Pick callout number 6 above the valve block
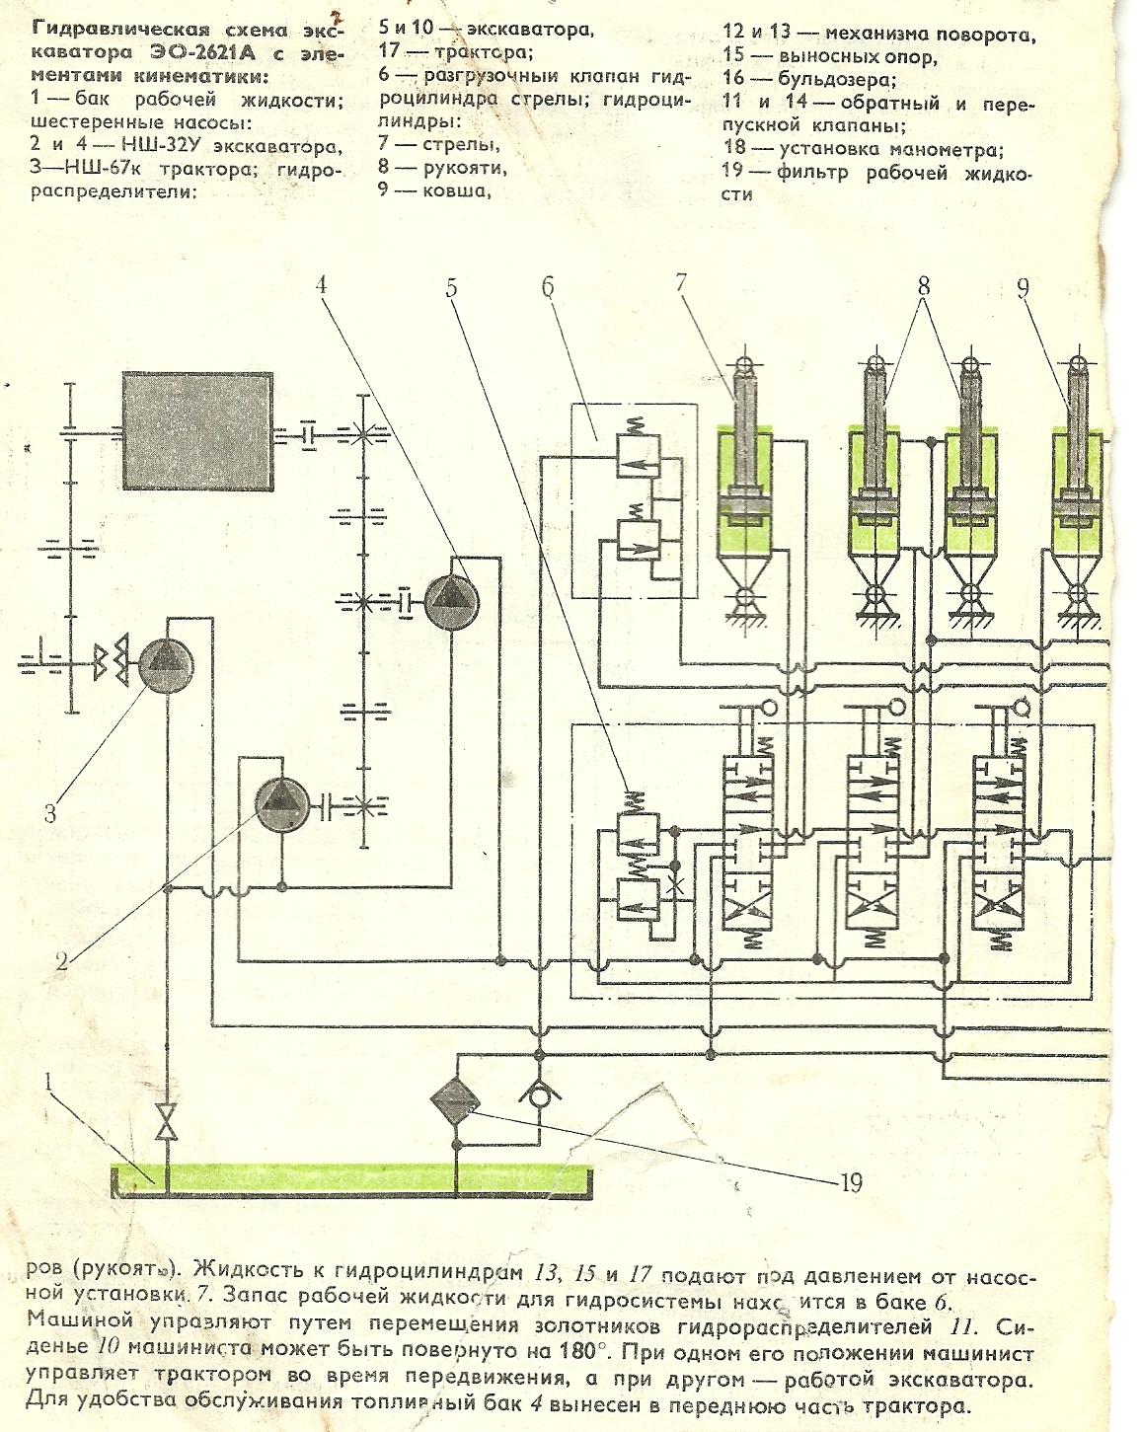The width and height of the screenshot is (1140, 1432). (548, 287)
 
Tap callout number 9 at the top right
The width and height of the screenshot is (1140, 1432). (1024, 287)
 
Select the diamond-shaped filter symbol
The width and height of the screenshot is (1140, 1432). (455, 1097)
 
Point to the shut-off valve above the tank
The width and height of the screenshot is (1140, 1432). (169, 1122)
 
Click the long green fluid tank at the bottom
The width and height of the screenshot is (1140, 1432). (350, 1177)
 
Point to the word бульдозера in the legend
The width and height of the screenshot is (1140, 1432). (838, 78)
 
